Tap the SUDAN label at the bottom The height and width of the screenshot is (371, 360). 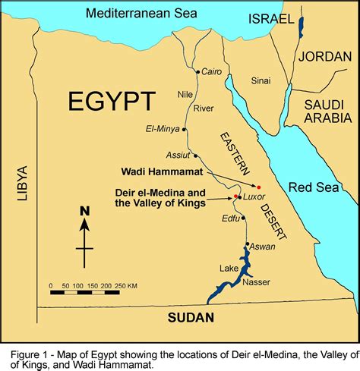tap(191, 317)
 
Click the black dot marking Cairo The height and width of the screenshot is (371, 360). tap(197, 72)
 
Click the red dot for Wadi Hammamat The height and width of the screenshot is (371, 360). tap(258, 187)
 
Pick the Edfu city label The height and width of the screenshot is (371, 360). tap(229, 219)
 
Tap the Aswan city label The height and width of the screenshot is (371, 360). tap(263, 247)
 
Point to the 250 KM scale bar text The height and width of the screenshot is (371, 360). tap(125, 285)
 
